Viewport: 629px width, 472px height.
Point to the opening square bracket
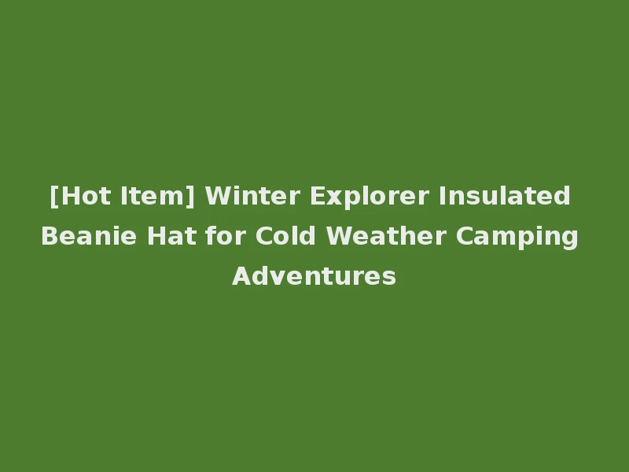(x=53, y=196)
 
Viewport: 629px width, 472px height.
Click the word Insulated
(x=505, y=195)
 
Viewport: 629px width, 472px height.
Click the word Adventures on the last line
(x=314, y=277)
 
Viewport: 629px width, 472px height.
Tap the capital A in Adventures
(x=241, y=277)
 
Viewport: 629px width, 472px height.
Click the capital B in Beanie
(x=49, y=236)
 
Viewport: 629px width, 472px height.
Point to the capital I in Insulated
(x=442, y=195)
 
